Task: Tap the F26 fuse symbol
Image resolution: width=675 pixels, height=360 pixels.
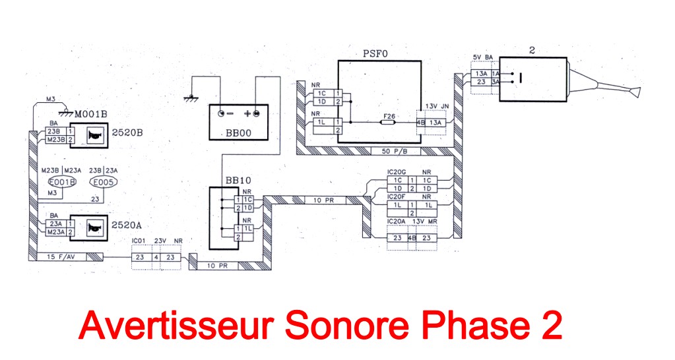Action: tap(389, 122)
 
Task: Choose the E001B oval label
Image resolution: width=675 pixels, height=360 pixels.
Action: tap(63, 183)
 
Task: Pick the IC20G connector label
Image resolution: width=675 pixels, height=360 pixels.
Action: tap(399, 172)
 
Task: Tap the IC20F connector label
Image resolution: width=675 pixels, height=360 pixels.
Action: tap(398, 196)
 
